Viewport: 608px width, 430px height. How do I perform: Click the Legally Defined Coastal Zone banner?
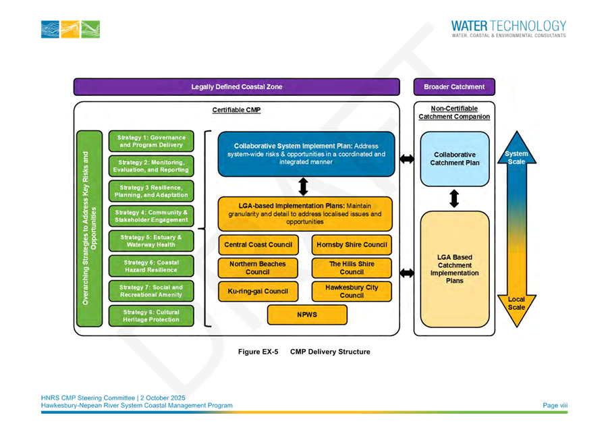[x=237, y=87]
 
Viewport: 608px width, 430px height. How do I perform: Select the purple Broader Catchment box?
[x=454, y=87]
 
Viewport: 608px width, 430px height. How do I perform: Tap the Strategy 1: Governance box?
[x=151, y=141]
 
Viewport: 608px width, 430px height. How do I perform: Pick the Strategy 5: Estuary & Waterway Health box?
[x=151, y=241]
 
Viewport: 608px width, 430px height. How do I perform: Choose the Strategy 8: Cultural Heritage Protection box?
[x=151, y=316]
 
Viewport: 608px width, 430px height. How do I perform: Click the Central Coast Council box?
[x=258, y=244]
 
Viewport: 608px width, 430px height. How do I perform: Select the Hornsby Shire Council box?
[x=352, y=244]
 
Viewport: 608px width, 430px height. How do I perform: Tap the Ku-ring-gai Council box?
[x=258, y=291]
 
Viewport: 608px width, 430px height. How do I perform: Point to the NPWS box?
[x=307, y=315]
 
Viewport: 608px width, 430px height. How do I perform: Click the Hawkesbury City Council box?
[x=352, y=291]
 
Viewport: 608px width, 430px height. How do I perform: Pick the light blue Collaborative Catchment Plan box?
[x=455, y=159]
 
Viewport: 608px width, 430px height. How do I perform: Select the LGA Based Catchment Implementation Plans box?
[x=455, y=269]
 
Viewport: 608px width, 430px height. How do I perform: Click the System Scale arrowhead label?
[x=516, y=157]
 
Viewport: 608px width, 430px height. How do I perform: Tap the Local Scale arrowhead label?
[x=516, y=303]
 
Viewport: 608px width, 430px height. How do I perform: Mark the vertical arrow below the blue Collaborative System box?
[x=303, y=186]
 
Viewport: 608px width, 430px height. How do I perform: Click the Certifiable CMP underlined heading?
[x=237, y=110]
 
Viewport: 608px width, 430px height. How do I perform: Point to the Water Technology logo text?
[x=509, y=29]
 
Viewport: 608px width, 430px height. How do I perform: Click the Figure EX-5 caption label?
[x=258, y=352]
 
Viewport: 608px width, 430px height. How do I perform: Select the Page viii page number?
[x=555, y=405]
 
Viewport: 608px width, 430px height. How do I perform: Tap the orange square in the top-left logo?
[x=70, y=30]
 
